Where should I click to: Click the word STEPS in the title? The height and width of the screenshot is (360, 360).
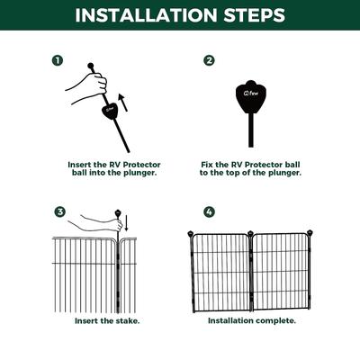(x=251, y=15)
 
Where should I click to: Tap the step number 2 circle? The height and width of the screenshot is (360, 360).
(x=209, y=61)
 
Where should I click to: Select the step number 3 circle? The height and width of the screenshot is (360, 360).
(x=60, y=212)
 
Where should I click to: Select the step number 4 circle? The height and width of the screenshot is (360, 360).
(x=209, y=212)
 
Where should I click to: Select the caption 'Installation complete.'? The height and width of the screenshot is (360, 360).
(x=251, y=320)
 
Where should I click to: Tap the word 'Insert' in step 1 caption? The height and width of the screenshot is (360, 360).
(x=79, y=166)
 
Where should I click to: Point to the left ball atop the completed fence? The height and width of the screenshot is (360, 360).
(x=190, y=235)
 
